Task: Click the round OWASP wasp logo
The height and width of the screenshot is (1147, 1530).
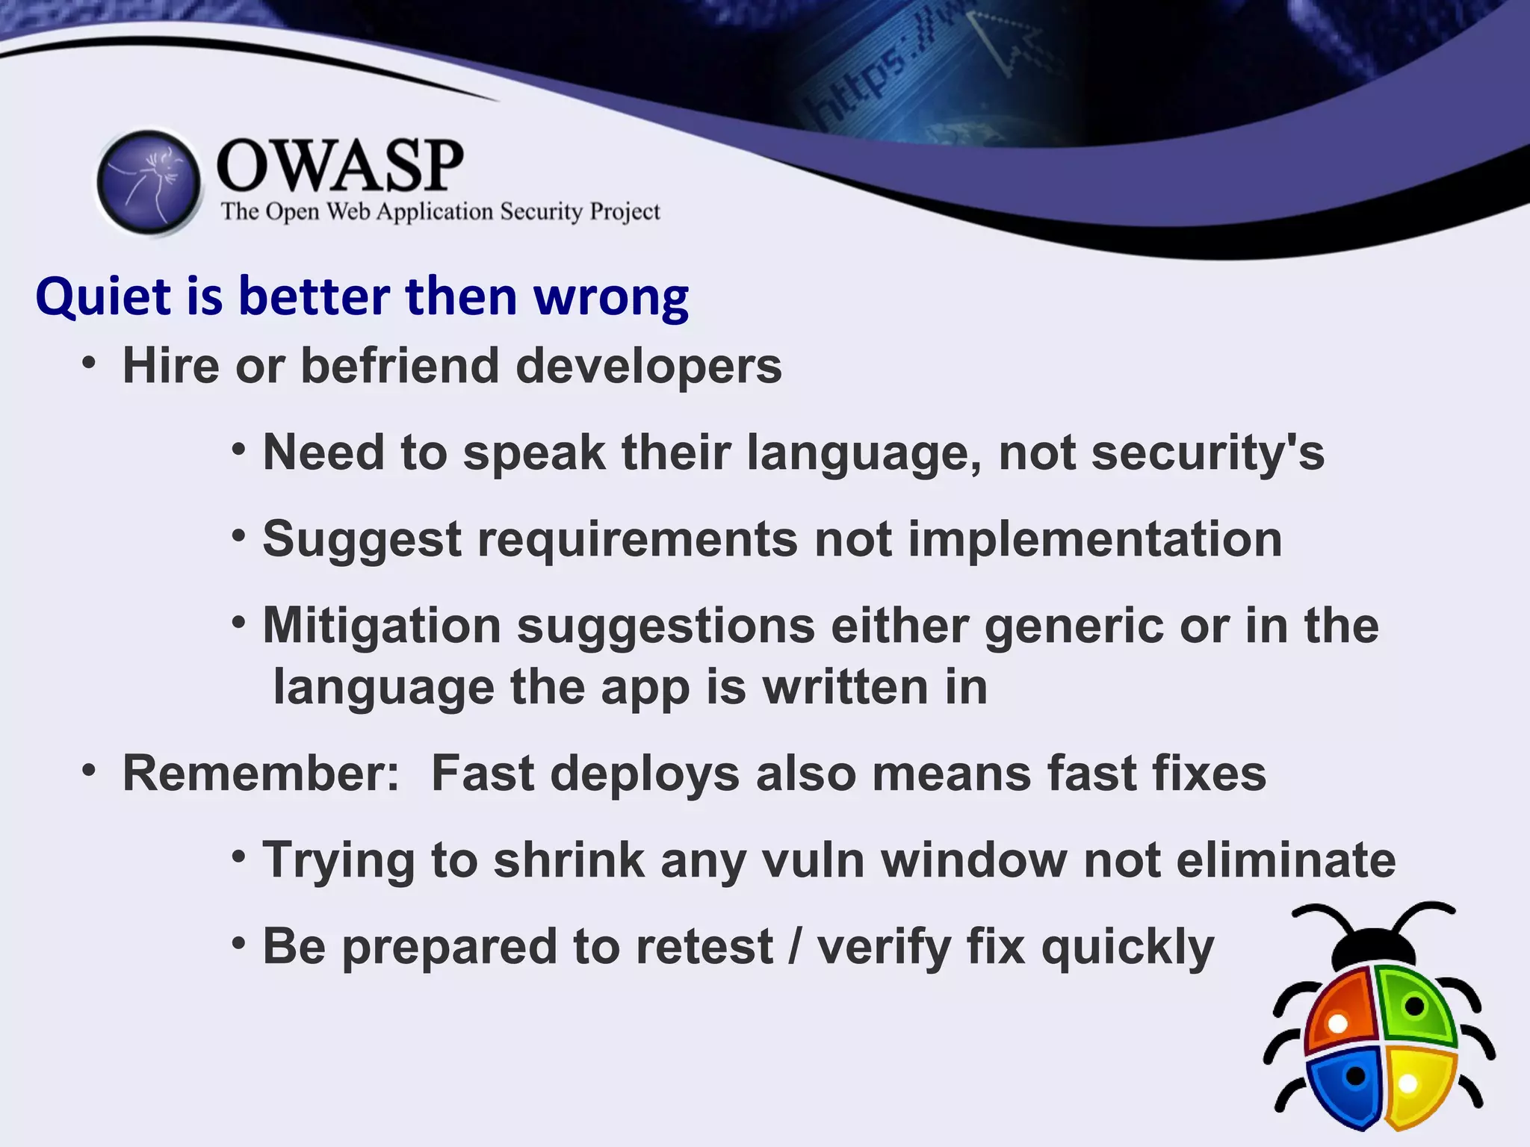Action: (x=149, y=182)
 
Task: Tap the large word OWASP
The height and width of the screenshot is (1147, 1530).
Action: (x=340, y=166)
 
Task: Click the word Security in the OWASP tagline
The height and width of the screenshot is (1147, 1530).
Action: (x=541, y=212)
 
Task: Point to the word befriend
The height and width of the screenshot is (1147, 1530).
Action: (x=400, y=366)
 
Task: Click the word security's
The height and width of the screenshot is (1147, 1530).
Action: (x=1207, y=453)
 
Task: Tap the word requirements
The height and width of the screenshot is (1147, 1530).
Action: (x=637, y=539)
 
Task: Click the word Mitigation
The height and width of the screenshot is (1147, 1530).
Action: (x=381, y=625)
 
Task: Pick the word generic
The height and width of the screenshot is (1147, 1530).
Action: (x=1074, y=627)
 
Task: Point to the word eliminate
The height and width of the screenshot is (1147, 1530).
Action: (x=1285, y=860)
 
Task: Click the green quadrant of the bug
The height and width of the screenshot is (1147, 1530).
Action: (x=1414, y=1004)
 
